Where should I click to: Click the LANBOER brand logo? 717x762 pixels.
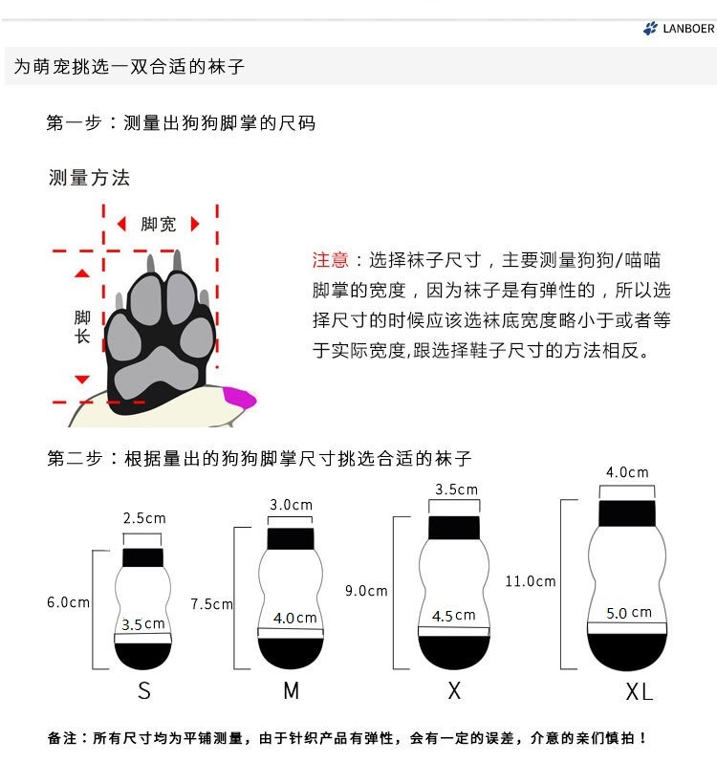click(679, 29)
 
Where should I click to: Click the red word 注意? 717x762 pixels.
click(331, 260)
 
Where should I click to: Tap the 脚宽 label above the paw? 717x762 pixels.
click(159, 224)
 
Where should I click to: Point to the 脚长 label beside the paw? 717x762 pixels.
click(82, 326)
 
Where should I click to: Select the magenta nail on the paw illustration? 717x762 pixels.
click(239, 395)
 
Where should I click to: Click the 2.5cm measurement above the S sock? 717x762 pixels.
click(144, 518)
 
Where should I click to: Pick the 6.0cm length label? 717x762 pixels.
click(68, 602)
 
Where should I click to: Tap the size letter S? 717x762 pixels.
click(144, 691)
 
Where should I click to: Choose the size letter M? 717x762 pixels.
click(292, 691)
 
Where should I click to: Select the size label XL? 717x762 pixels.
click(639, 692)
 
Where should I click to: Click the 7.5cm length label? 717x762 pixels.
click(212, 604)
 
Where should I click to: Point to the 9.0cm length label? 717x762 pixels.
click(367, 591)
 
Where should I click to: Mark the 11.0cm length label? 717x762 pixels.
click(531, 581)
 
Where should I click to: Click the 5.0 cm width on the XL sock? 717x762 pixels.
click(628, 613)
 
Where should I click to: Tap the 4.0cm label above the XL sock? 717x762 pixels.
click(627, 472)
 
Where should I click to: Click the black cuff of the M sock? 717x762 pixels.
click(291, 538)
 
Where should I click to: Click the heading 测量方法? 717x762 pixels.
click(89, 178)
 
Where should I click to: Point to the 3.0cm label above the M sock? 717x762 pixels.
click(292, 505)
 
